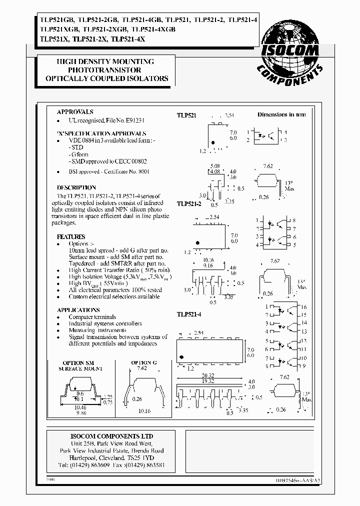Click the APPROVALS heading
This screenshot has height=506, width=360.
(75, 112)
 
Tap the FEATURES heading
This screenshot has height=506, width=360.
(71, 236)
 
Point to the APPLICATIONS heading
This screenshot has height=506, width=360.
(78, 310)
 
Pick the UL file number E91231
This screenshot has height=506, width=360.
(133, 120)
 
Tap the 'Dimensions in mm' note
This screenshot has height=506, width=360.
(281, 114)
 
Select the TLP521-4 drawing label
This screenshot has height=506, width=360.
(189, 314)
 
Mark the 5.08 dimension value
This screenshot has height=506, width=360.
(214, 165)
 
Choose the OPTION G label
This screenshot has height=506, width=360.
(144, 362)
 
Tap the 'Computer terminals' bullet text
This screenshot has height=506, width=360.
(92, 317)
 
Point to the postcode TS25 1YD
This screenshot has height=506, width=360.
(145, 457)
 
